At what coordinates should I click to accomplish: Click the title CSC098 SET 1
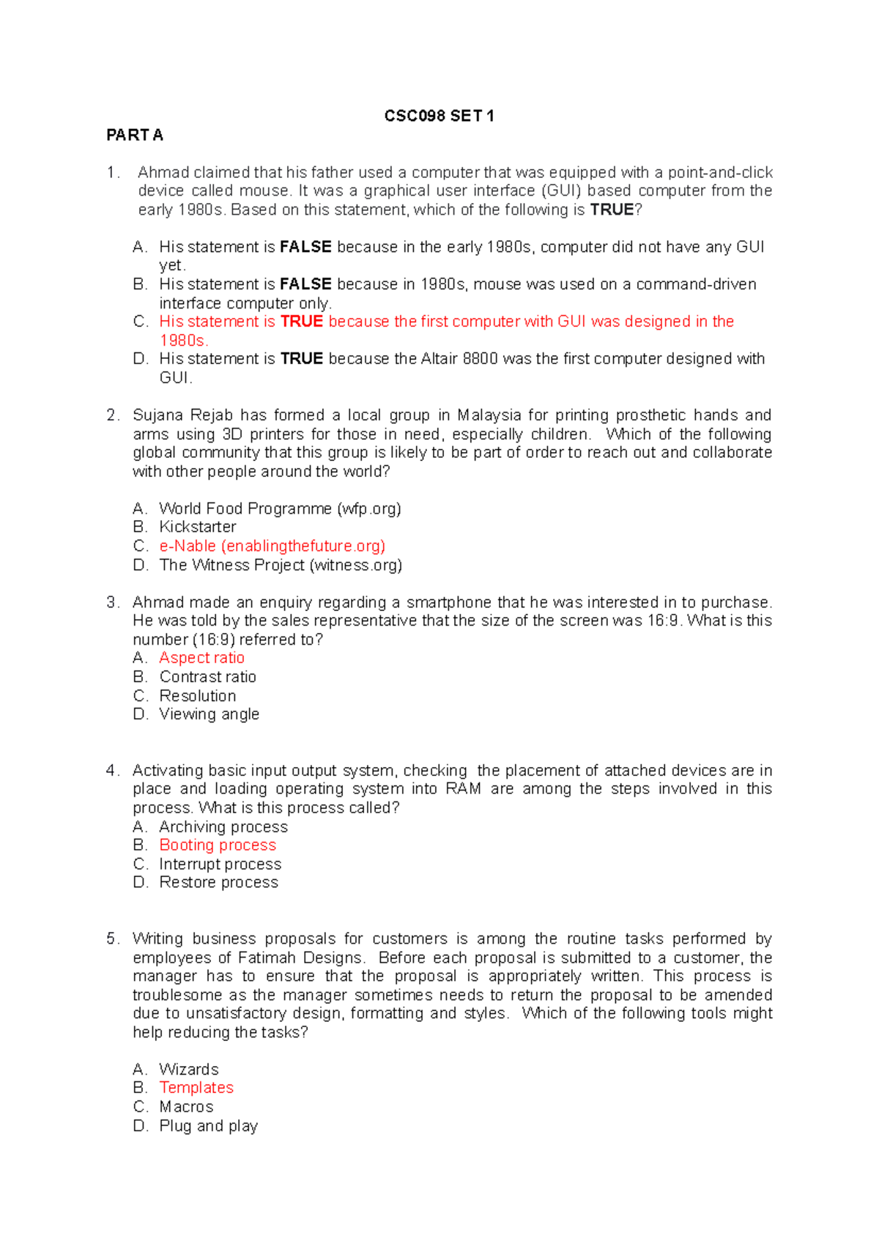click(x=439, y=116)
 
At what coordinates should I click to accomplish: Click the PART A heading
click(x=135, y=135)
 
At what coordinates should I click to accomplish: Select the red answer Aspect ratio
click(x=201, y=658)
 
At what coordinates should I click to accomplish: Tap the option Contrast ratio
click(x=207, y=677)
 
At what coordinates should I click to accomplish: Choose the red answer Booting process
click(x=218, y=845)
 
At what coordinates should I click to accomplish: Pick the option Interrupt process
click(x=220, y=864)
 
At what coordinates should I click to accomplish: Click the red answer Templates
click(x=196, y=1087)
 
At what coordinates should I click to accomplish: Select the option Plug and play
click(x=208, y=1125)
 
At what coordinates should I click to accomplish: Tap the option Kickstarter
click(x=198, y=527)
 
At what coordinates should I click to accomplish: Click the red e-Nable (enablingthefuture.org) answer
click(x=272, y=546)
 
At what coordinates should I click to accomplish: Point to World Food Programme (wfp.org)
click(x=280, y=508)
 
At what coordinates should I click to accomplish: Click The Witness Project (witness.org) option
click(x=281, y=565)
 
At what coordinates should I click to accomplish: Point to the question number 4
click(x=111, y=770)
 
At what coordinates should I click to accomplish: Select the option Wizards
click(x=188, y=1069)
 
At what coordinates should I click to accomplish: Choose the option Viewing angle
click(x=209, y=714)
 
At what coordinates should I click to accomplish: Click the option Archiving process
click(x=223, y=826)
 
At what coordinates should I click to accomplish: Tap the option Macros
click(x=186, y=1106)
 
